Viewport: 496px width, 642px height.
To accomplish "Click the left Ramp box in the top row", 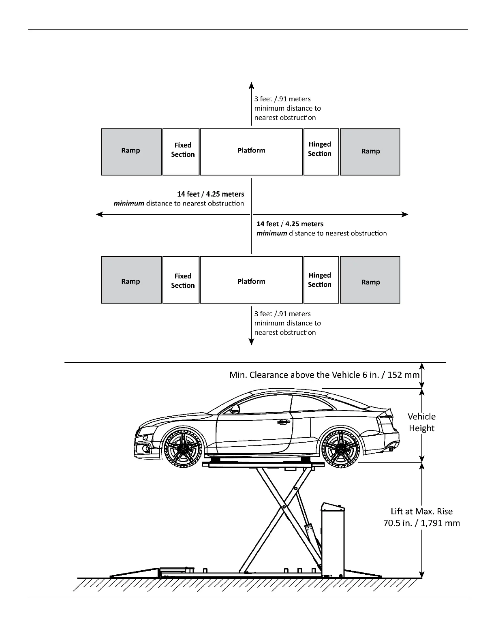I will pos(131,152).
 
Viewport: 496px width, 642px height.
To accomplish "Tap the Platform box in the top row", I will pos(251,152).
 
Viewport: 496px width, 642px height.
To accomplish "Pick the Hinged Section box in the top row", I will pos(321,152).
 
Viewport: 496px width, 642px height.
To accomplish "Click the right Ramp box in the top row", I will pos(370,152).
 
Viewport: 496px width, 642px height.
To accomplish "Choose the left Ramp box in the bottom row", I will pos(131,280).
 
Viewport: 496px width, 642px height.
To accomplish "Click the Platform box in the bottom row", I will pos(251,280).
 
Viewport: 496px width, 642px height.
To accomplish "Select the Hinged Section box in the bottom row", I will pos(321,280).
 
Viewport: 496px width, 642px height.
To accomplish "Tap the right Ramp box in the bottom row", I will pos(370,280).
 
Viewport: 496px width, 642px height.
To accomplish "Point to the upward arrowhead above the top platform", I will pos(251,85).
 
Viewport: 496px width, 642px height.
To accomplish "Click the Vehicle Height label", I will pos(421,422).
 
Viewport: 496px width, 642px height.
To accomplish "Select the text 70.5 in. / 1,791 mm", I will pos(421,523).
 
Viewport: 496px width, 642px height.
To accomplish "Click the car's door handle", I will pos(283,422).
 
